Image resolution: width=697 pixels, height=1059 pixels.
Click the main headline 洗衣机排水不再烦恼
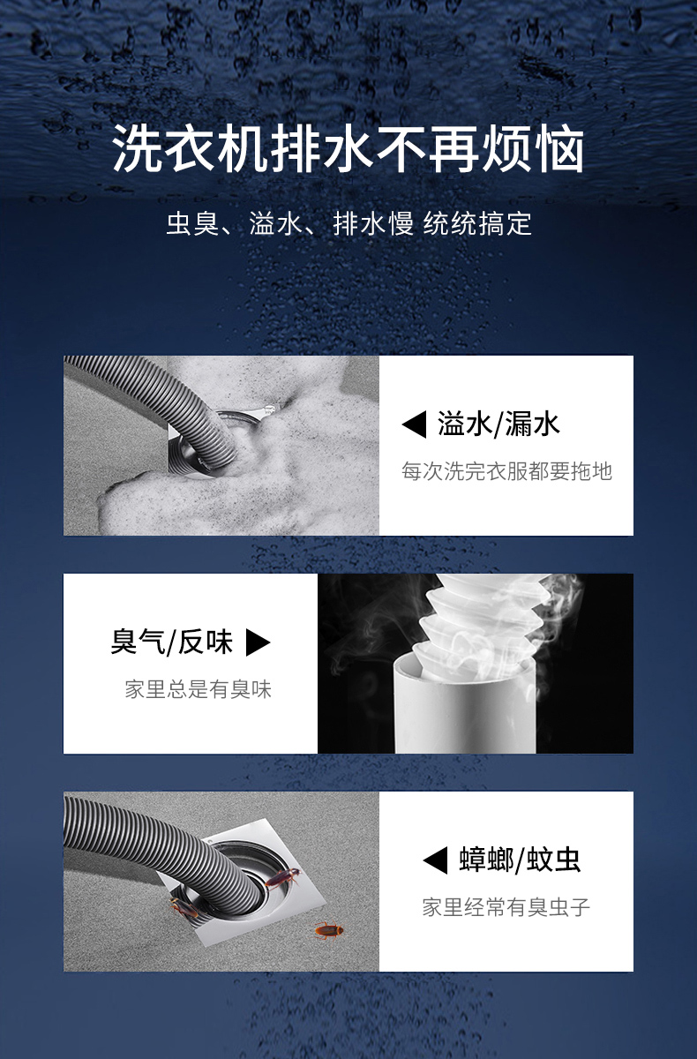coord(348,148)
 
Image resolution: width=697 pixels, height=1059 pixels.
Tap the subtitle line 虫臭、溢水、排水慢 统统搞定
coord(348,223)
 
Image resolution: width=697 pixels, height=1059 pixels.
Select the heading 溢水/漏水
coord(498,424)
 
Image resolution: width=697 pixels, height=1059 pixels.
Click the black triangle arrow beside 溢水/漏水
coord(414,424)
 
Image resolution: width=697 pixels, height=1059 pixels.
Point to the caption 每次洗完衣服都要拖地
coord(506,471)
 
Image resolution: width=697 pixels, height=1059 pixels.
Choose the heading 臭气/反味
coord(171,642)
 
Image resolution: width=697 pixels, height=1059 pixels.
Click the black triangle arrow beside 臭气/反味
coord(258,643)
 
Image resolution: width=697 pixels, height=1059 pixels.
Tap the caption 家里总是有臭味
coord(198,689)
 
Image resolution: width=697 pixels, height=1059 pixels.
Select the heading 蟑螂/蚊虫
coord(520,860)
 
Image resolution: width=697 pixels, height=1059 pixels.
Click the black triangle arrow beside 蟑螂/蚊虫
coord(435,860)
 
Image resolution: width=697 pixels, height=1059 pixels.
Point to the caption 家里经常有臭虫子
coord(506,907)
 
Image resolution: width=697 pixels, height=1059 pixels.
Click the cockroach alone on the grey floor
coord(329,930)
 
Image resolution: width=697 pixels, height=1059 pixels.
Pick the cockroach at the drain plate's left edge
coord(184,908)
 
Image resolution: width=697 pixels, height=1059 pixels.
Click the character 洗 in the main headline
coord(137,149)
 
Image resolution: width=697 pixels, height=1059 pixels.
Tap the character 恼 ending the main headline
coord(560,149)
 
